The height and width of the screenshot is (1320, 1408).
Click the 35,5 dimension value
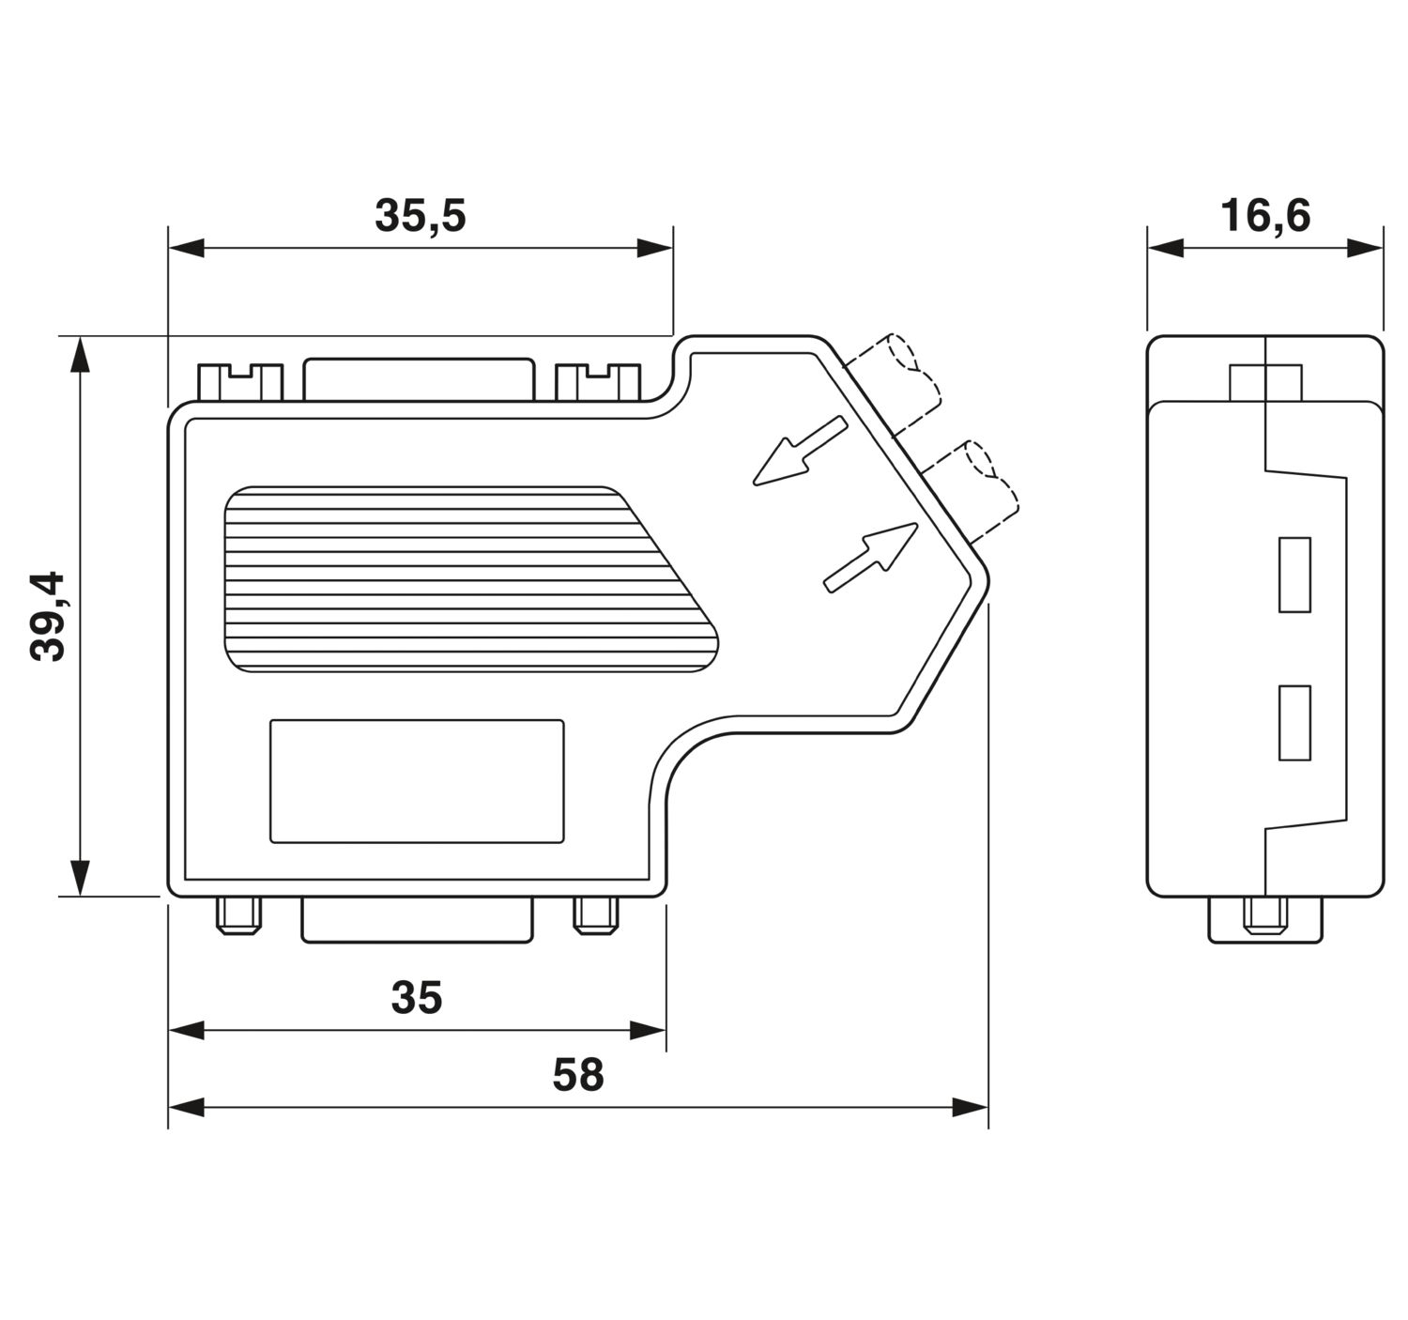click(420, 216)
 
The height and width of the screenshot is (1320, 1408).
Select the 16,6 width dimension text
click(1264, 216)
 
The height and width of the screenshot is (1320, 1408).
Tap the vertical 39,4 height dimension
click(47, 615)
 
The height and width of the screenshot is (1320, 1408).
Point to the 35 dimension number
click(416, 998)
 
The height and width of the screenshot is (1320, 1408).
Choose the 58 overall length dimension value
click(577, 1075)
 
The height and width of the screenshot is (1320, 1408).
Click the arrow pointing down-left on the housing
click(799, 452)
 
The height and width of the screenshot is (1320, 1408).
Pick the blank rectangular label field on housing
click(417, 781)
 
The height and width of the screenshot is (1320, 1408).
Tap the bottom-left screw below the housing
click(237, 915)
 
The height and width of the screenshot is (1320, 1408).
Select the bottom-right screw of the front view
click(596, 915)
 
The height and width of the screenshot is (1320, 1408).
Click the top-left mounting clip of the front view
click(239, 382)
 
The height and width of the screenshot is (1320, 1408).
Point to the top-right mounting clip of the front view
click(598, 382)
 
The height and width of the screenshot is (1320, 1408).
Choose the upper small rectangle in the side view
click(1294, 575)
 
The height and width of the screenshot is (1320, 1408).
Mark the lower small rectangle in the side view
click(1294, 722)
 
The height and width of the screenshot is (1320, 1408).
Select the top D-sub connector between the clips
click(419, 379)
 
